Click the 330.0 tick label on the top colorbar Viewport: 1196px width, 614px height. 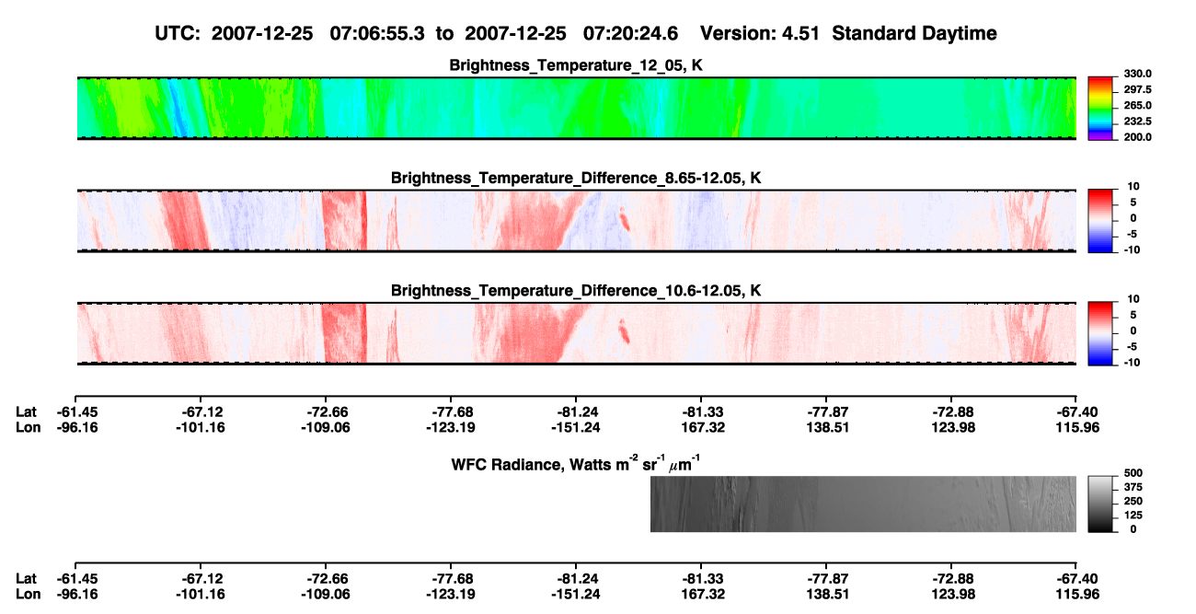[x=1137, y=74]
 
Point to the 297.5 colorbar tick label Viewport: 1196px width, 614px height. [x=1137, y=90]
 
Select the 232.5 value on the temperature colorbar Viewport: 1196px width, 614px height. [x=1137, y=122]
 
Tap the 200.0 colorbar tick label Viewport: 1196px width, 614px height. [x=1137, y=137]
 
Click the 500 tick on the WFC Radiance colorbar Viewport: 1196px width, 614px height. [x=1133, y=473]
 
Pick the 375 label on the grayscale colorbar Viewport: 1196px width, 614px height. [x=1133, y=487]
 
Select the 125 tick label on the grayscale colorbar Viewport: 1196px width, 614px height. [x=1133, y=516]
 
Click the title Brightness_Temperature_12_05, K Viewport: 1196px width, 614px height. [x=576, y=65]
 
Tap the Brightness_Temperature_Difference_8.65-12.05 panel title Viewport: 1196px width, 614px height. [x=576, y=178]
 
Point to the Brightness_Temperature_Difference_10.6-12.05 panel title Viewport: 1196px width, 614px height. [x=576, y=291]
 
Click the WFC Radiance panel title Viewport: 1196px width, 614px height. [x=576, y=463]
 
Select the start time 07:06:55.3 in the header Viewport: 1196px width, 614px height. [x=377, y=34]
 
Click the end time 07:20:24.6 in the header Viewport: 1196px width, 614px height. [x=630, y=34]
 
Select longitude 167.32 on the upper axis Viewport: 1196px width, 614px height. [x=703, y=428]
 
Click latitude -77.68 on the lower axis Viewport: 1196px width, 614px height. [x=451, y=579]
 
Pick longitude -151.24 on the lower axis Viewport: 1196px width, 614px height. [x=576, y=595]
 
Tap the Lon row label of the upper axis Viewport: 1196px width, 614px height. [x=28, y=428]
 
